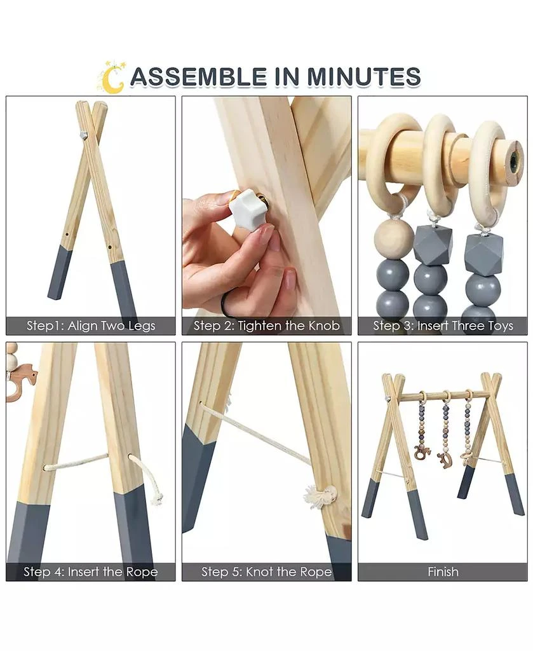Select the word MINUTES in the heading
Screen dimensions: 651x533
point(364,76)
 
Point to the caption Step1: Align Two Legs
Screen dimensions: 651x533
point(91,326)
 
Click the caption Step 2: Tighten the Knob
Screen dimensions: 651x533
point(267,326)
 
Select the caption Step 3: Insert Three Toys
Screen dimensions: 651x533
point(443,326)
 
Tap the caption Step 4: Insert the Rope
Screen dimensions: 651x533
point(91,572)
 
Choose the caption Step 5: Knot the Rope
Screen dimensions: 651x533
point(267,572)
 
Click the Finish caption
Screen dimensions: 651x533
point(443,572)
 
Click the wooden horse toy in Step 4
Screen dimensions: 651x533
point(20,381)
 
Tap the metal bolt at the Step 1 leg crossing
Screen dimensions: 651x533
point(83,135)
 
